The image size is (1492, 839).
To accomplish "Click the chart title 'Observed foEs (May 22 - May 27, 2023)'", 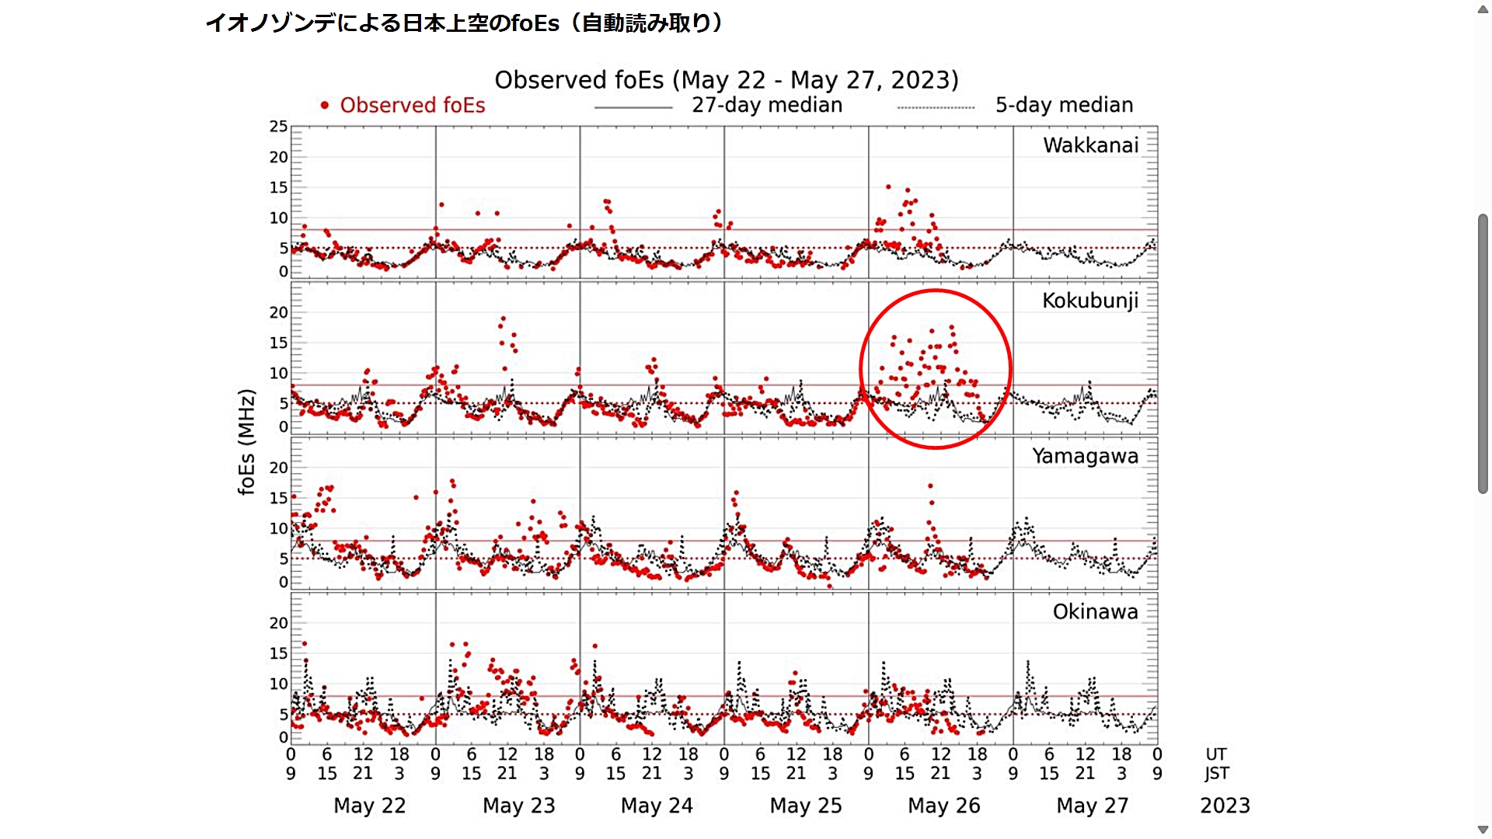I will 727,80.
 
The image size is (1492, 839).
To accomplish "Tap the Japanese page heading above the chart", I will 464,23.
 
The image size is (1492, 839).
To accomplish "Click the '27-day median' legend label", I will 766,105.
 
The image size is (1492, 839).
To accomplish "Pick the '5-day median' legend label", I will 1064,105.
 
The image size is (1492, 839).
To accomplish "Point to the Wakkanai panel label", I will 1090,145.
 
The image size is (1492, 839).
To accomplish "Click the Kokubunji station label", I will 1089,301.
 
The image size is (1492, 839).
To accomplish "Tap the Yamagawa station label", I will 1085,456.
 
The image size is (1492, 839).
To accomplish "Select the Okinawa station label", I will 1095,611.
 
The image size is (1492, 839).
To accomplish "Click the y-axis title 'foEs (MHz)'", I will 246,441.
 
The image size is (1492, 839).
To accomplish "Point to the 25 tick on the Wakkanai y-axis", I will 278,127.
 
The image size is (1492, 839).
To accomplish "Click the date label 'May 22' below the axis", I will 370,806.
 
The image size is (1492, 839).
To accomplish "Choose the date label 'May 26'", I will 944,806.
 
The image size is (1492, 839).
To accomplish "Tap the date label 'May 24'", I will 657,806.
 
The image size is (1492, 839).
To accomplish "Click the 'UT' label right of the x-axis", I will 1216,754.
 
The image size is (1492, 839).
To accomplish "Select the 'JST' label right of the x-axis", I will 1216,774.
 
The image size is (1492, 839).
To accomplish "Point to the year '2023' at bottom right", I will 1225,806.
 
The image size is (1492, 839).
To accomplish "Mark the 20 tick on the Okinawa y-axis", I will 278,623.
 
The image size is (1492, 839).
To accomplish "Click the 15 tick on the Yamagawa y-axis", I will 278,498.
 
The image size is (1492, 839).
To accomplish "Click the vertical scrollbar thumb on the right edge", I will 1483,353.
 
